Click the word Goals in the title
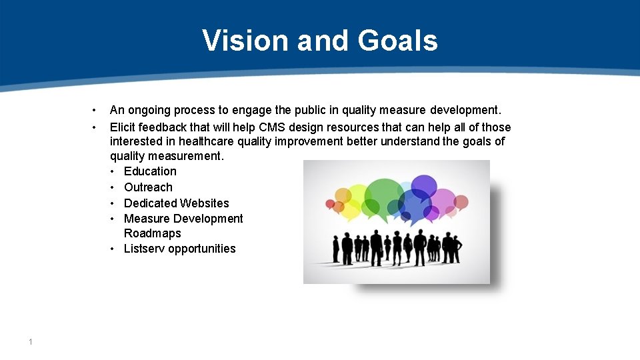(398, 41)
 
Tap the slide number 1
(31, 342)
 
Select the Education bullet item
(150, 171)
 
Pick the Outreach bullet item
(148, 187)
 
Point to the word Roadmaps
(153, 233)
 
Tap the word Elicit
(124, 127)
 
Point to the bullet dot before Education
(114, 171)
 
